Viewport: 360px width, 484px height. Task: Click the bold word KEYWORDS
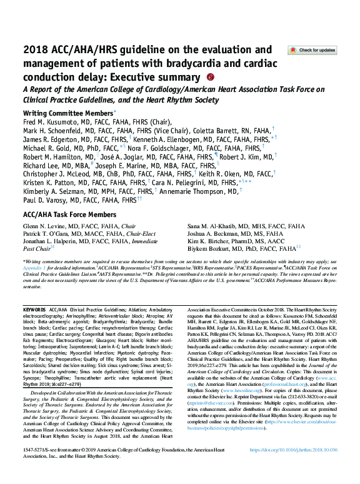[34, 310]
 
